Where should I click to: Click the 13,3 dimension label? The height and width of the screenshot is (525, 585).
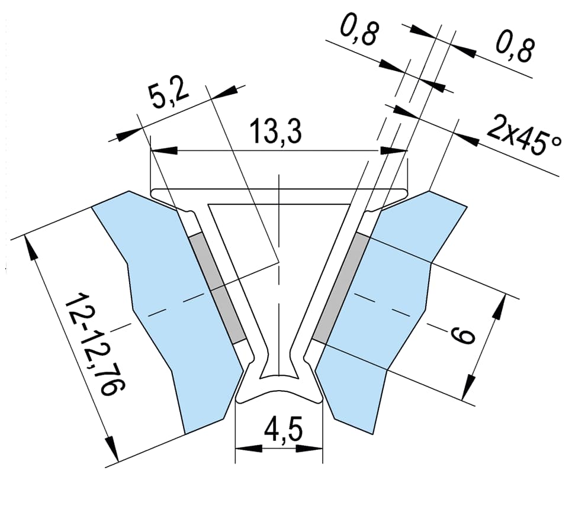click(x=275, y=131)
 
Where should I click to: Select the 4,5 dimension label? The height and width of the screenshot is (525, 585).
click(x=282, y=431)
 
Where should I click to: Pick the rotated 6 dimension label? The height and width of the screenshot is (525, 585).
click(x=462, y=335)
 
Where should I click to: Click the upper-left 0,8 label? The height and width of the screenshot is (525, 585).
click(x=359, y=34)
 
